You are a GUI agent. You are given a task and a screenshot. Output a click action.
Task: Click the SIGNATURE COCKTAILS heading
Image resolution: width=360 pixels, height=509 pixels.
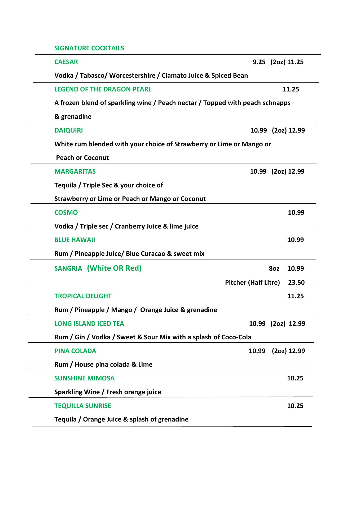89,48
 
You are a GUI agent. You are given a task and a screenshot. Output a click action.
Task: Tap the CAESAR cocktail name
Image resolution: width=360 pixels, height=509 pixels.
66,62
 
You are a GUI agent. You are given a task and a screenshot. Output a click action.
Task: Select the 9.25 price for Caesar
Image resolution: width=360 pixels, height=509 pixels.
259,62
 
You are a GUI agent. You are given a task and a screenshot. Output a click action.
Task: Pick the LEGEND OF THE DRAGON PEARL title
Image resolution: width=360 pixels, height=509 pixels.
103,89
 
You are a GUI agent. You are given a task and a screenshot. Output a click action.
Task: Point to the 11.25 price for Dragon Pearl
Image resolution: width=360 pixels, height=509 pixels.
291,89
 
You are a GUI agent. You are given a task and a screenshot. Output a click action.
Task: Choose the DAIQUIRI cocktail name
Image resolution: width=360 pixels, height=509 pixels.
68,130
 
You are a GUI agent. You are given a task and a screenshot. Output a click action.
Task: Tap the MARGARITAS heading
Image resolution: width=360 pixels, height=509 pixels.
75,172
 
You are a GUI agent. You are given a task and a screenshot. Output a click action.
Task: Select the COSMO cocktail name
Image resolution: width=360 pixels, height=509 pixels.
66,213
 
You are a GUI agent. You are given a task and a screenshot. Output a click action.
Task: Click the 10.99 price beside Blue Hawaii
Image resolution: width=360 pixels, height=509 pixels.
296,240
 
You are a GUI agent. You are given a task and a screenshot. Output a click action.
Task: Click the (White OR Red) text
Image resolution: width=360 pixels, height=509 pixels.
114,268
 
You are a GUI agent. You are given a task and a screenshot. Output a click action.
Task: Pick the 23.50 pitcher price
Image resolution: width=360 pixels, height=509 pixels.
296,283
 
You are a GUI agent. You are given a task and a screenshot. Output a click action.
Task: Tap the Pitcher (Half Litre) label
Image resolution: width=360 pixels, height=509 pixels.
252,283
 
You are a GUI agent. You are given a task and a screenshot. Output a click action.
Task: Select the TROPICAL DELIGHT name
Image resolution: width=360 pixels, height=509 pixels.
83,296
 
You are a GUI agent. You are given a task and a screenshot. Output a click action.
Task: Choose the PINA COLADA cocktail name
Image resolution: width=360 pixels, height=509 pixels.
75,351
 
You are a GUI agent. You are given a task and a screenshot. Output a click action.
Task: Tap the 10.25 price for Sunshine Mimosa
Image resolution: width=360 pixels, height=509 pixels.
295,378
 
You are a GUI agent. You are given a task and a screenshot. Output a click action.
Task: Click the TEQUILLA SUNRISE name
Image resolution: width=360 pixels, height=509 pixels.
83,406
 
